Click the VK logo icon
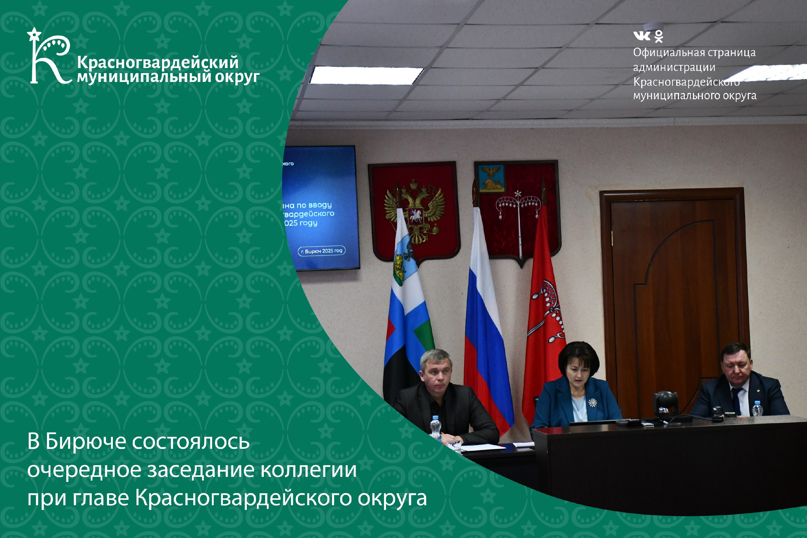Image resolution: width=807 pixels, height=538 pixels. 641,36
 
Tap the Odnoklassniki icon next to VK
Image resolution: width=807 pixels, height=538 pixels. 659,36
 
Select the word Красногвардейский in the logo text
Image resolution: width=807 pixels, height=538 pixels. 158,62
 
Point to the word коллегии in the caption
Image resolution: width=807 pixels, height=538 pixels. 308,470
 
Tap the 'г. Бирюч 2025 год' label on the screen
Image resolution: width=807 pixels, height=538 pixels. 322,251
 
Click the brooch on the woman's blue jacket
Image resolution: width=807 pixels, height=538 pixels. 592,402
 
